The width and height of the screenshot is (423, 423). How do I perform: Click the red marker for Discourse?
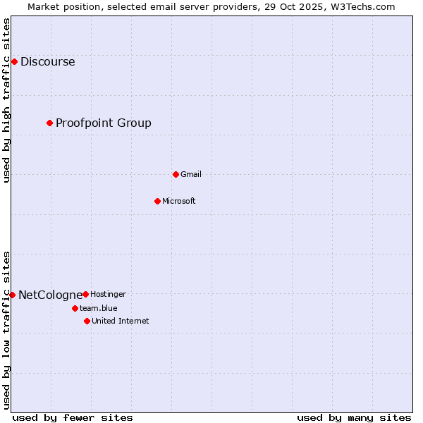pyautogui.click(x=14, y=62)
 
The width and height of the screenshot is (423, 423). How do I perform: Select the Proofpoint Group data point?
pyautogui.click(x=49, y=123)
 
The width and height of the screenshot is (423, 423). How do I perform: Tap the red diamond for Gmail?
pyautogui.click(x=176, y=174)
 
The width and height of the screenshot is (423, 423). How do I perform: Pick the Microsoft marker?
pyautogui.click(x=157, y=201)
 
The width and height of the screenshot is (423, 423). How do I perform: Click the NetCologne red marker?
pyautogui.click(x=12, y=295)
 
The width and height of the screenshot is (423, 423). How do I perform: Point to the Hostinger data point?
pyautogui.click(x=85, y=294)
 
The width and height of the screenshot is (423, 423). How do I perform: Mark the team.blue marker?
pyautogui.click(x=75, y=308)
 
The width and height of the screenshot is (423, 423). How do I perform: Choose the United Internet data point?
pyautogui.click(x=87, y=321)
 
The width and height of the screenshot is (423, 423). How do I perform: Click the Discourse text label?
pyautogui.click(x=47, y=62)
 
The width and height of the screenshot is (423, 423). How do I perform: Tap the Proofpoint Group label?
pyautogui.click(x=103, y=123)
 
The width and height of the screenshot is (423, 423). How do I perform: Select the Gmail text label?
pyautogui.click(x=190, y=174)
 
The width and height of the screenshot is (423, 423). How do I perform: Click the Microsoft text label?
pyautogui.click(x=178, y=201)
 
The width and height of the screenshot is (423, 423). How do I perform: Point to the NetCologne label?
pyautogui.click(x=50, y=295)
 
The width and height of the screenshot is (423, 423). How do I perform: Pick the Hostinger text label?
pyautogui.click(x=108, y=294)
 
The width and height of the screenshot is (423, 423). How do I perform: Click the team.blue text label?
pyautogui.click(x=98, y=308)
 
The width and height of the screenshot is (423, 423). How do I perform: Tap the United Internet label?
pyautogui.click(x=120, y=321)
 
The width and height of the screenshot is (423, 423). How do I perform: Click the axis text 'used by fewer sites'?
pyautogui.click(x=73, y=417)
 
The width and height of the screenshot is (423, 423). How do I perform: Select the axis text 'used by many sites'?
pyautogui.click(x=354, y=417)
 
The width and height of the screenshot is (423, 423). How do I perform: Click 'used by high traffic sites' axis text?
pyautogui.click(x=7, y=100)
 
